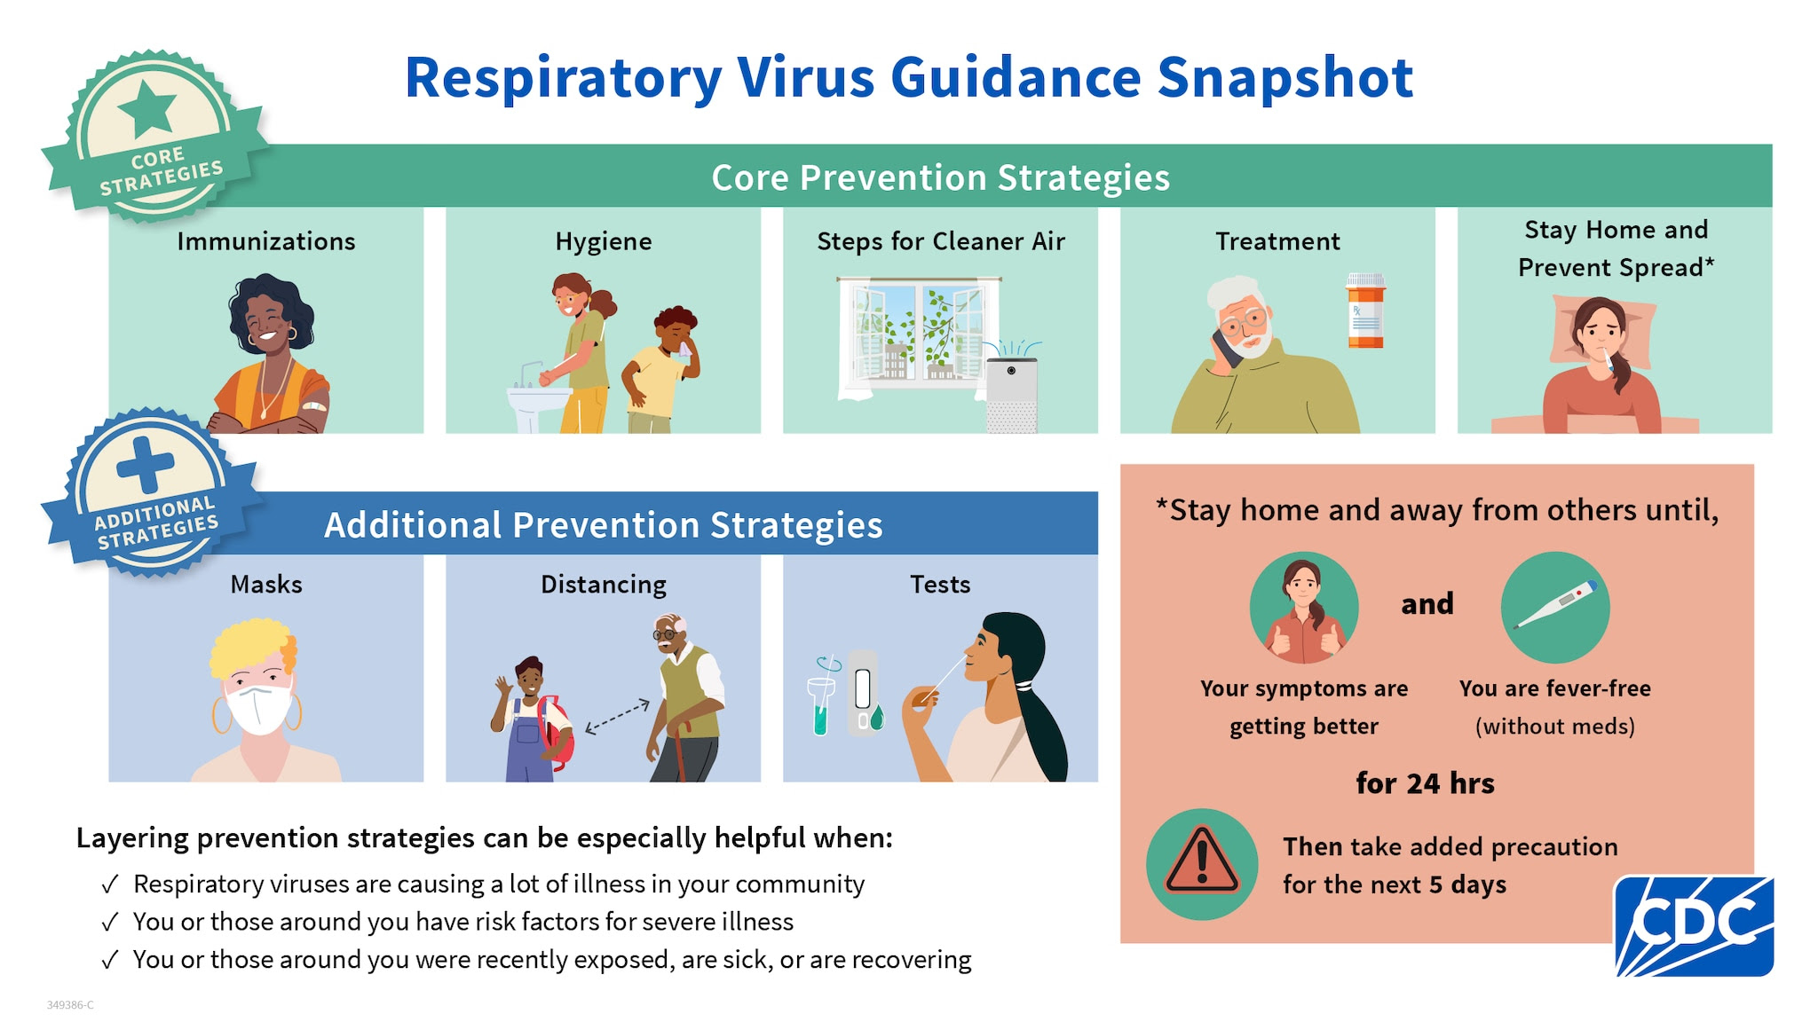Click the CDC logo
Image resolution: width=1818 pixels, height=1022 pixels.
1694,925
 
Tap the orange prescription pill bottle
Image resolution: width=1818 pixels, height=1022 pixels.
1365,311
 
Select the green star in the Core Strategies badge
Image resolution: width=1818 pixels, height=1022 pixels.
147,108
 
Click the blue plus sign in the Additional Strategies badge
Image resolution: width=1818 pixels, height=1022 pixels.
146,464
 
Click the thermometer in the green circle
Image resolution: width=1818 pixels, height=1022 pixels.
1554,607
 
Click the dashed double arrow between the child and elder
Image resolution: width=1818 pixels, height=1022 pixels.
618,716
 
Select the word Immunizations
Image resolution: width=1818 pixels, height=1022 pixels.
266,241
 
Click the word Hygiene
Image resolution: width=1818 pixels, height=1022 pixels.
604,241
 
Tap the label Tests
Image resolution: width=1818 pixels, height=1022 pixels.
940,585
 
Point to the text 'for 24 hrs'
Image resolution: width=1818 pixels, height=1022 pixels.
1425,783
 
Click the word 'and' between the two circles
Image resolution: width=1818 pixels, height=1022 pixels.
1427,604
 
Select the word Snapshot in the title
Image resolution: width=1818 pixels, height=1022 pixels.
1285,78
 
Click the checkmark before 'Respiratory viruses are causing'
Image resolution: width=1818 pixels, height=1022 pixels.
110,884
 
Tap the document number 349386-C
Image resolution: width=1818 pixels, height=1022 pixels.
70,1005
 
